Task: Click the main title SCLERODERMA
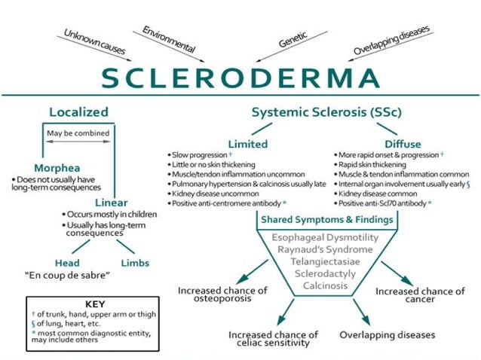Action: click(x=240, y=78)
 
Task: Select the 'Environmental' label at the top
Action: click(x=170, y=39)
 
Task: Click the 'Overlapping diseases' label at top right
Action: click(x=392, y=40)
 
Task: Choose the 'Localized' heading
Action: click(x=78, y=112)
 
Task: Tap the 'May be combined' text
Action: click(x=78, y=133)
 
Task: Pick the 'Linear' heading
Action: click(x=112, y=202)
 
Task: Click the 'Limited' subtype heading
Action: click(x=247, y=143)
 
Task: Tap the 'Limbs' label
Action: click(x=135, y=263)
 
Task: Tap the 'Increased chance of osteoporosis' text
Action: click(x=222, y=295)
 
